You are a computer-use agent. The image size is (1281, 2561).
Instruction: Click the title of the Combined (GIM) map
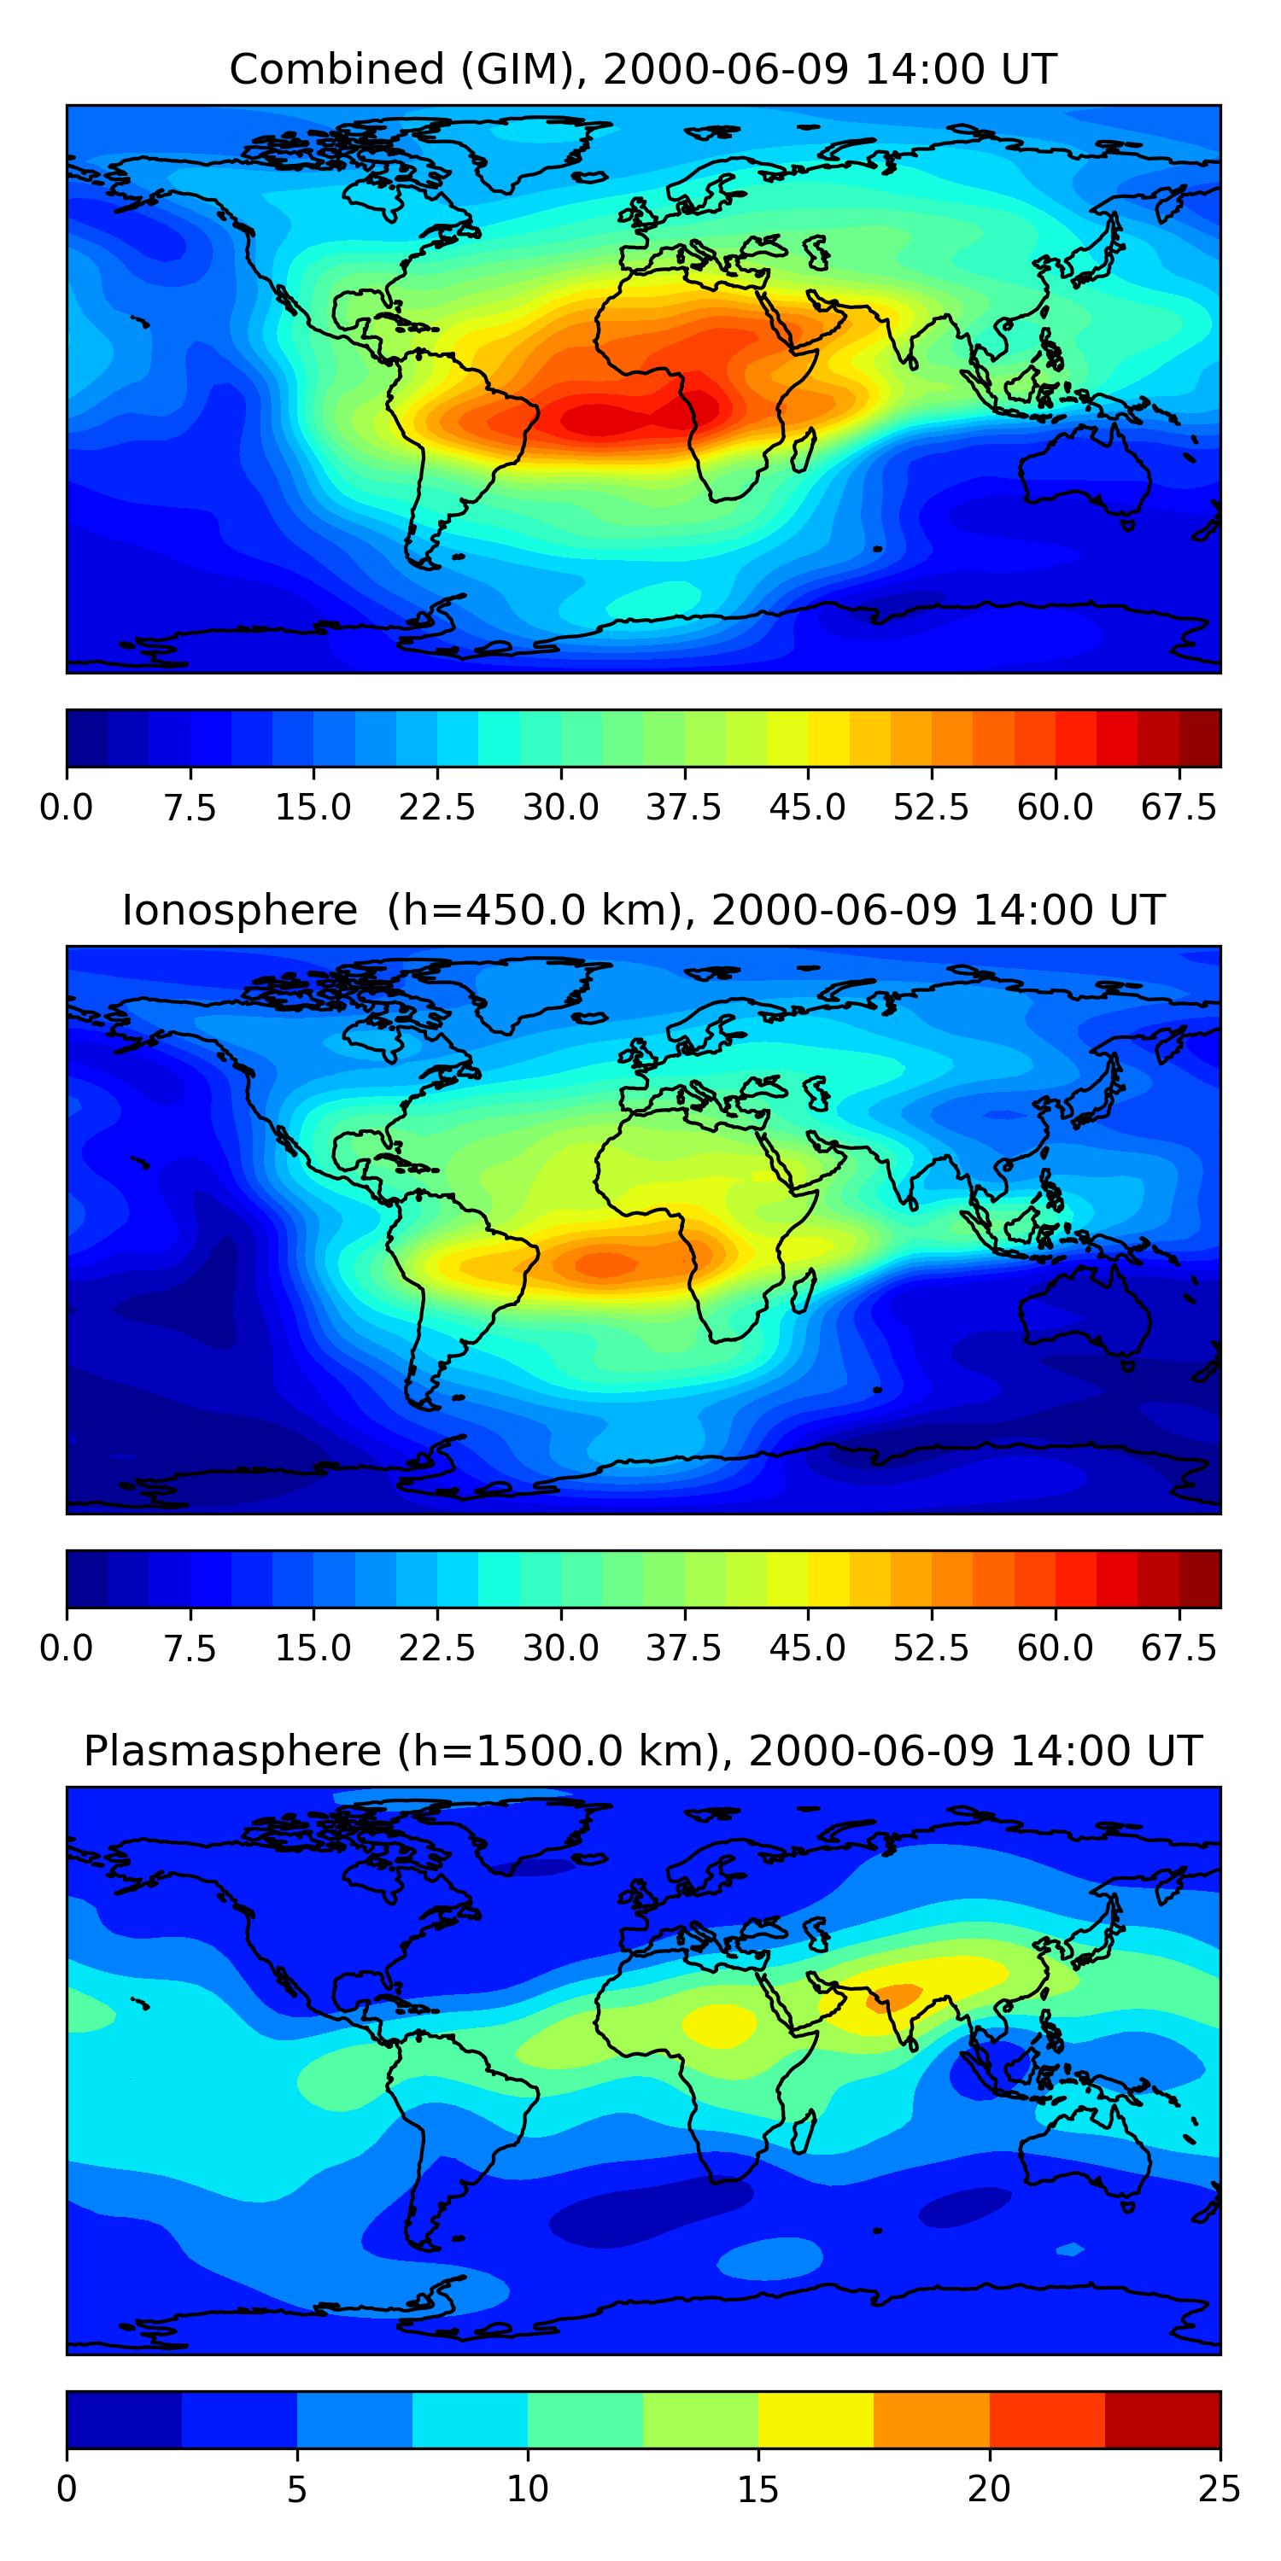click(642, 70)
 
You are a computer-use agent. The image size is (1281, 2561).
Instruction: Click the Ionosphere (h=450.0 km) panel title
click(642, 911)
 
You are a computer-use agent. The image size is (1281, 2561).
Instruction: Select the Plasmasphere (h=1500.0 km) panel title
click(642, 1751)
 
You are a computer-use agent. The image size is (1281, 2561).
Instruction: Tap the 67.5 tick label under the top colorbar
click(1179, 808)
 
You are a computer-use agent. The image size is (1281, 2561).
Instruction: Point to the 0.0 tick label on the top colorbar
click(67, 808)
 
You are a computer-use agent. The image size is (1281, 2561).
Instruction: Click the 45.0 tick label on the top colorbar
click(808, 808)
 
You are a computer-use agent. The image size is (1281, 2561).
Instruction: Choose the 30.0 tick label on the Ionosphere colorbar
click(561, 1648)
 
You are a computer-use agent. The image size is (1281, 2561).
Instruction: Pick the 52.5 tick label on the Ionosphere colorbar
click(931, 1648)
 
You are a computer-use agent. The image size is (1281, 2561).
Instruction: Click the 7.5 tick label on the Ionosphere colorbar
click(190, 1648)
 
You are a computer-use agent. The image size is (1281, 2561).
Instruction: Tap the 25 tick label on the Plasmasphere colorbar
click(1220, 2489)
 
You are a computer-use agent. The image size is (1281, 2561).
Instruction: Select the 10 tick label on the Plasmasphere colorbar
click(527, 2489)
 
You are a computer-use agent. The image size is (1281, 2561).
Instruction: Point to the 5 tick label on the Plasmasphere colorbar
click(296, 2489)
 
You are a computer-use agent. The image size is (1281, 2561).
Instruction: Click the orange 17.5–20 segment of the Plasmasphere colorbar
click(931, 2418)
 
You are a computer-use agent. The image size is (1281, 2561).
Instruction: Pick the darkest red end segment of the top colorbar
click(1200, 738)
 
